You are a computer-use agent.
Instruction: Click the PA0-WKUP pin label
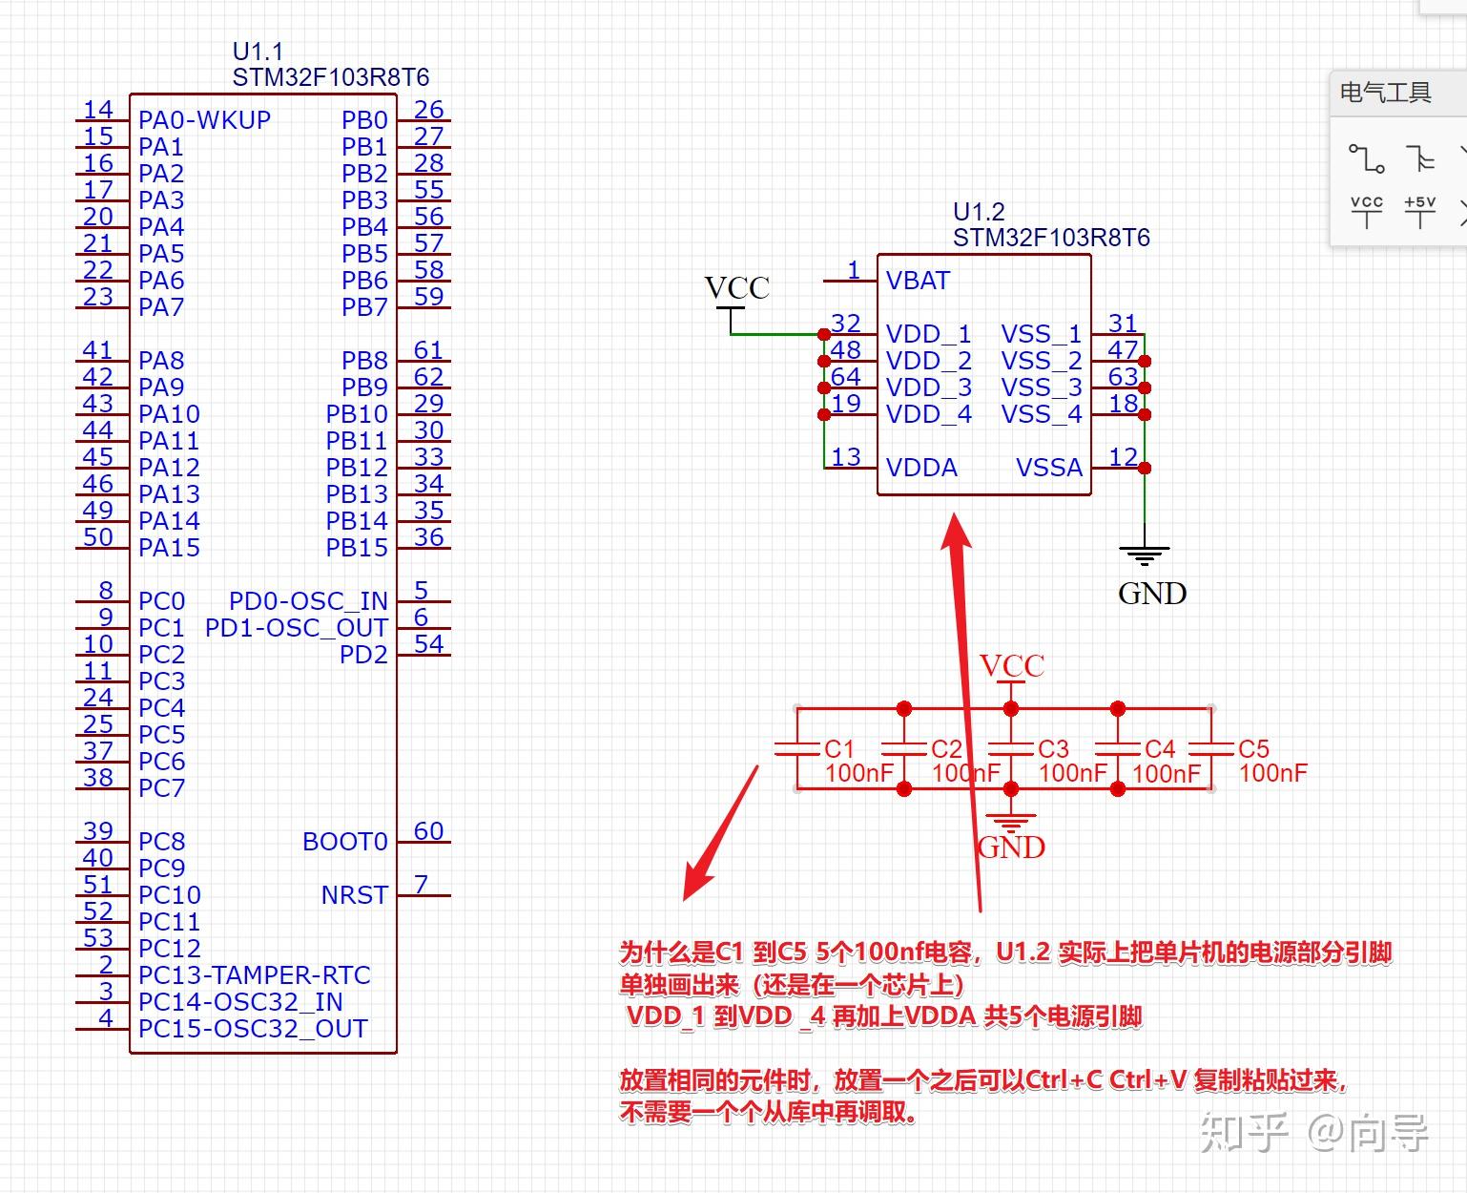204,120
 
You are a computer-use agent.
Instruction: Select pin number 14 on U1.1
98,110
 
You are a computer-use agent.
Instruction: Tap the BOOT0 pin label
344,842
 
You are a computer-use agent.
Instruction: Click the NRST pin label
354,895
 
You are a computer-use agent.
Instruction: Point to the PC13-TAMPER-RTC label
254,975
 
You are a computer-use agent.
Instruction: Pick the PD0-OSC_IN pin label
308,601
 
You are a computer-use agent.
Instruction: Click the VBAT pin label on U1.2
918,281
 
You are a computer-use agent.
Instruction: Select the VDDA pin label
921,468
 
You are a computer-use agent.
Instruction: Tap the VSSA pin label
1048,468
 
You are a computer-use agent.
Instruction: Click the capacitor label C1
839,749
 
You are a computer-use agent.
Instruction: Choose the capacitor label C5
1253,749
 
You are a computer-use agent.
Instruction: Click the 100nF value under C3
1072,773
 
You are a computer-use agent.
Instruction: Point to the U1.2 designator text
979,211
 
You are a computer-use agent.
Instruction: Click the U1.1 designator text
258,52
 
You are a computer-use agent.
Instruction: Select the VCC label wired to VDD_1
736,288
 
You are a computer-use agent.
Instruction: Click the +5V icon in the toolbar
1419,211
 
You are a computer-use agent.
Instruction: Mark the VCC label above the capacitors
1012,665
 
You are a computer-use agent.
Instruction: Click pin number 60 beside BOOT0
428,830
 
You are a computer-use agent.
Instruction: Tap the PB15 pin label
357,548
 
